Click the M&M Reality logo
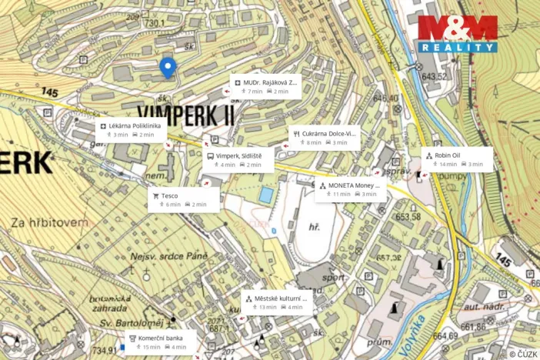coord(458,34)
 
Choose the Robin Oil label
coord(456,158)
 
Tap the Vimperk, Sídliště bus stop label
coord(238,159)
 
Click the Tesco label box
coord(183,199)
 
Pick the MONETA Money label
coord(351,189)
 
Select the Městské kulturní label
coord(278,302)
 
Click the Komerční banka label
coord(161,342)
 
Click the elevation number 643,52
coord(433,76)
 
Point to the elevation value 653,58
coord(407,217)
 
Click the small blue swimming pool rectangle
coord(265,195)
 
